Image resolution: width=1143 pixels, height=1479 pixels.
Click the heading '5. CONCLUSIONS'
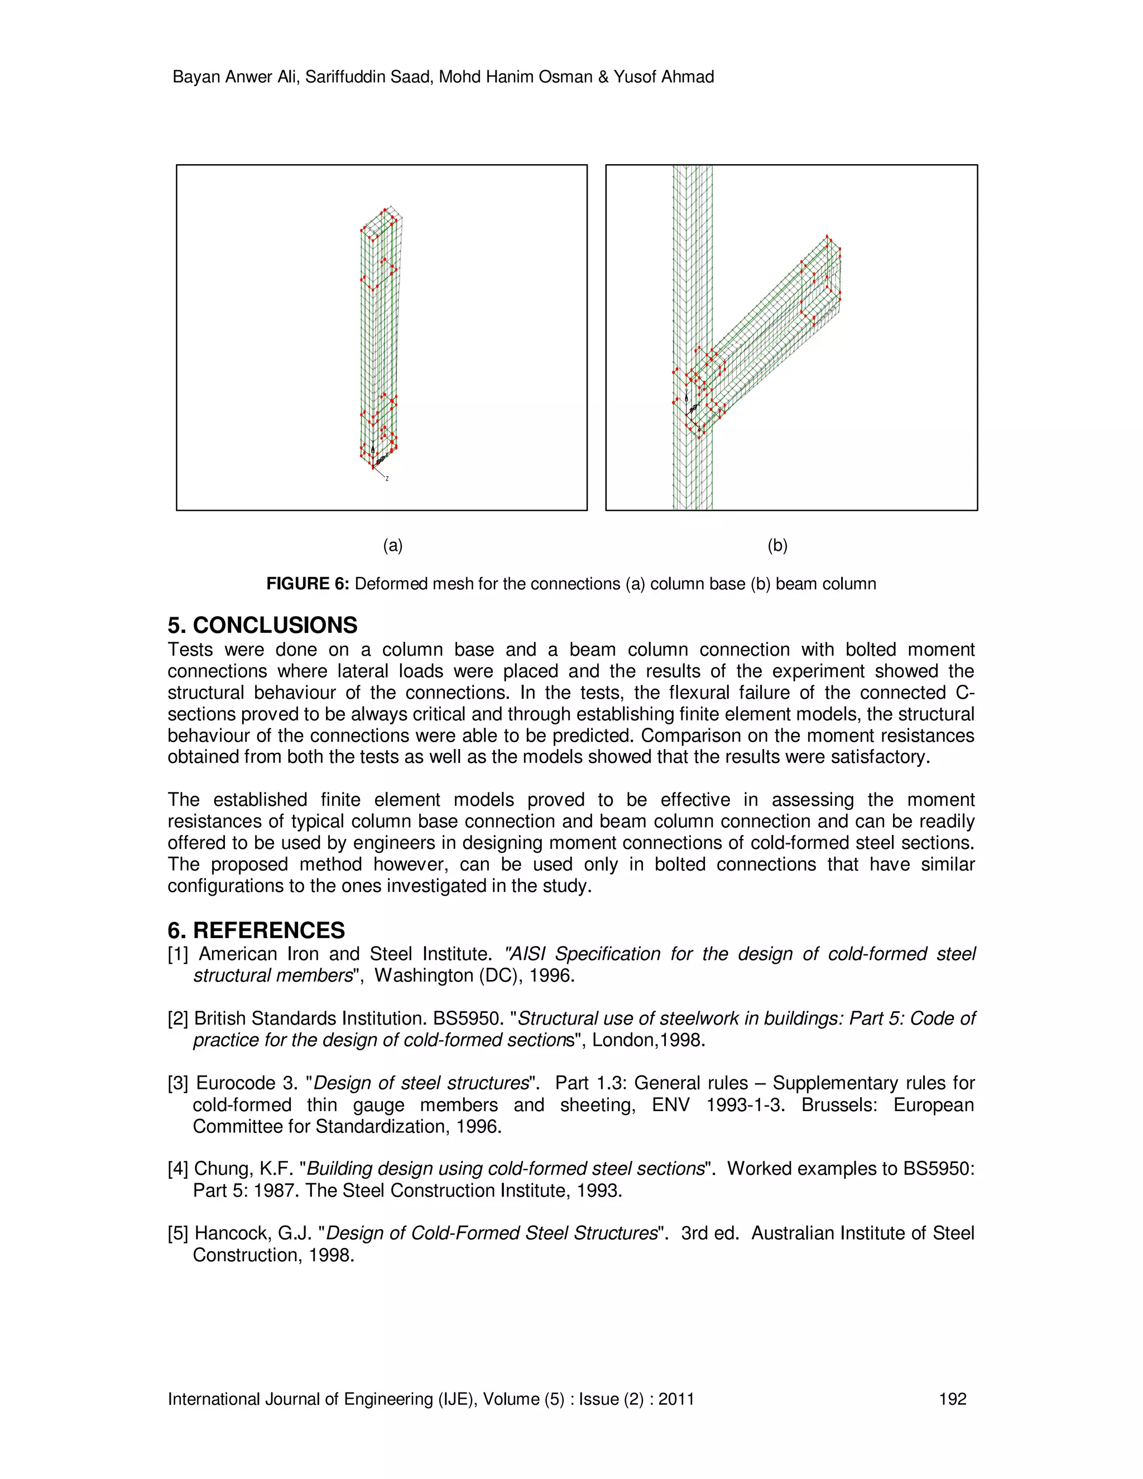click(263, 625)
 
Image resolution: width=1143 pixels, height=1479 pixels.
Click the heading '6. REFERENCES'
click(256, 930)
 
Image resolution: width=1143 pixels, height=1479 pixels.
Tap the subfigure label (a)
click(393, 546)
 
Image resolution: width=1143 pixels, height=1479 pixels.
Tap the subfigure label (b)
click(777, 546)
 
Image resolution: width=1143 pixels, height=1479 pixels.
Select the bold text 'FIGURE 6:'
click(308, 584)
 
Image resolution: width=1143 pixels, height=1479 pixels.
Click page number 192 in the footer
click(953, 1399)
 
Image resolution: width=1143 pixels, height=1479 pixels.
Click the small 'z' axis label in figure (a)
click(387, 479)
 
